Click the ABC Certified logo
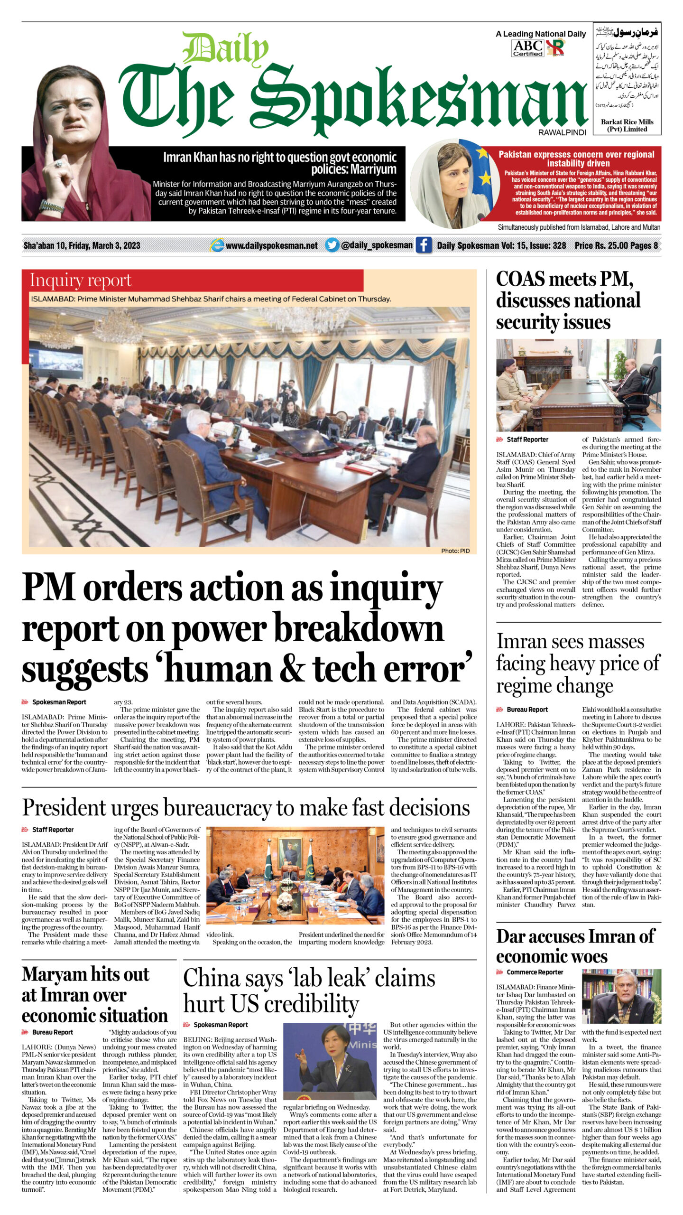tap(527, 48)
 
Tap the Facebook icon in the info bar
tap(423, 245)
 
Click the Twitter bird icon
tap(332, 245)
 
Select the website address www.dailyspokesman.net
tap(271, 245)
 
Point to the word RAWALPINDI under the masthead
tap(562, 133)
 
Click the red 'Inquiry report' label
tap(81, 280)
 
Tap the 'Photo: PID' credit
tap(455, 551)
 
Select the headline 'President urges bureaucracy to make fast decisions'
tap(246, 807)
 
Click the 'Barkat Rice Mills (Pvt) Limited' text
tap(627, 125)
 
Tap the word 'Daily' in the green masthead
tap(225, 48)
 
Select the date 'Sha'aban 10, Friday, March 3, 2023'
tap(82, 245)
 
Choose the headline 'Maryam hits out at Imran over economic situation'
tap(94, 994)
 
